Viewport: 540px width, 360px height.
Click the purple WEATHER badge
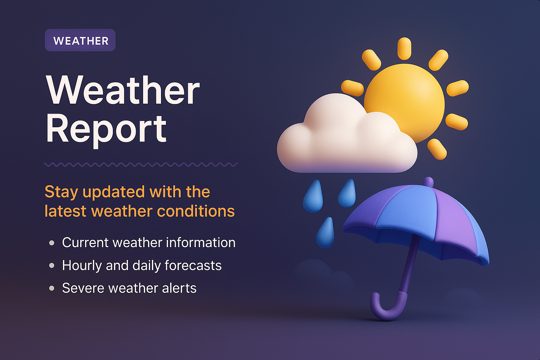80,40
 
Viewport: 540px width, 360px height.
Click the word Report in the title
106,129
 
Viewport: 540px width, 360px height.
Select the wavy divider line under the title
141,164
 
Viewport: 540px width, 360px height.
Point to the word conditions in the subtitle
196,211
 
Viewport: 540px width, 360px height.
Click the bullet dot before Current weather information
52,243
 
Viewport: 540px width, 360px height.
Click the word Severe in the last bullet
83,288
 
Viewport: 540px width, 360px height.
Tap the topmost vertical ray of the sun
404,48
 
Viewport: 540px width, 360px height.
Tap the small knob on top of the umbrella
429,182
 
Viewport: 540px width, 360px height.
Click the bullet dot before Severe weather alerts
52,288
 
